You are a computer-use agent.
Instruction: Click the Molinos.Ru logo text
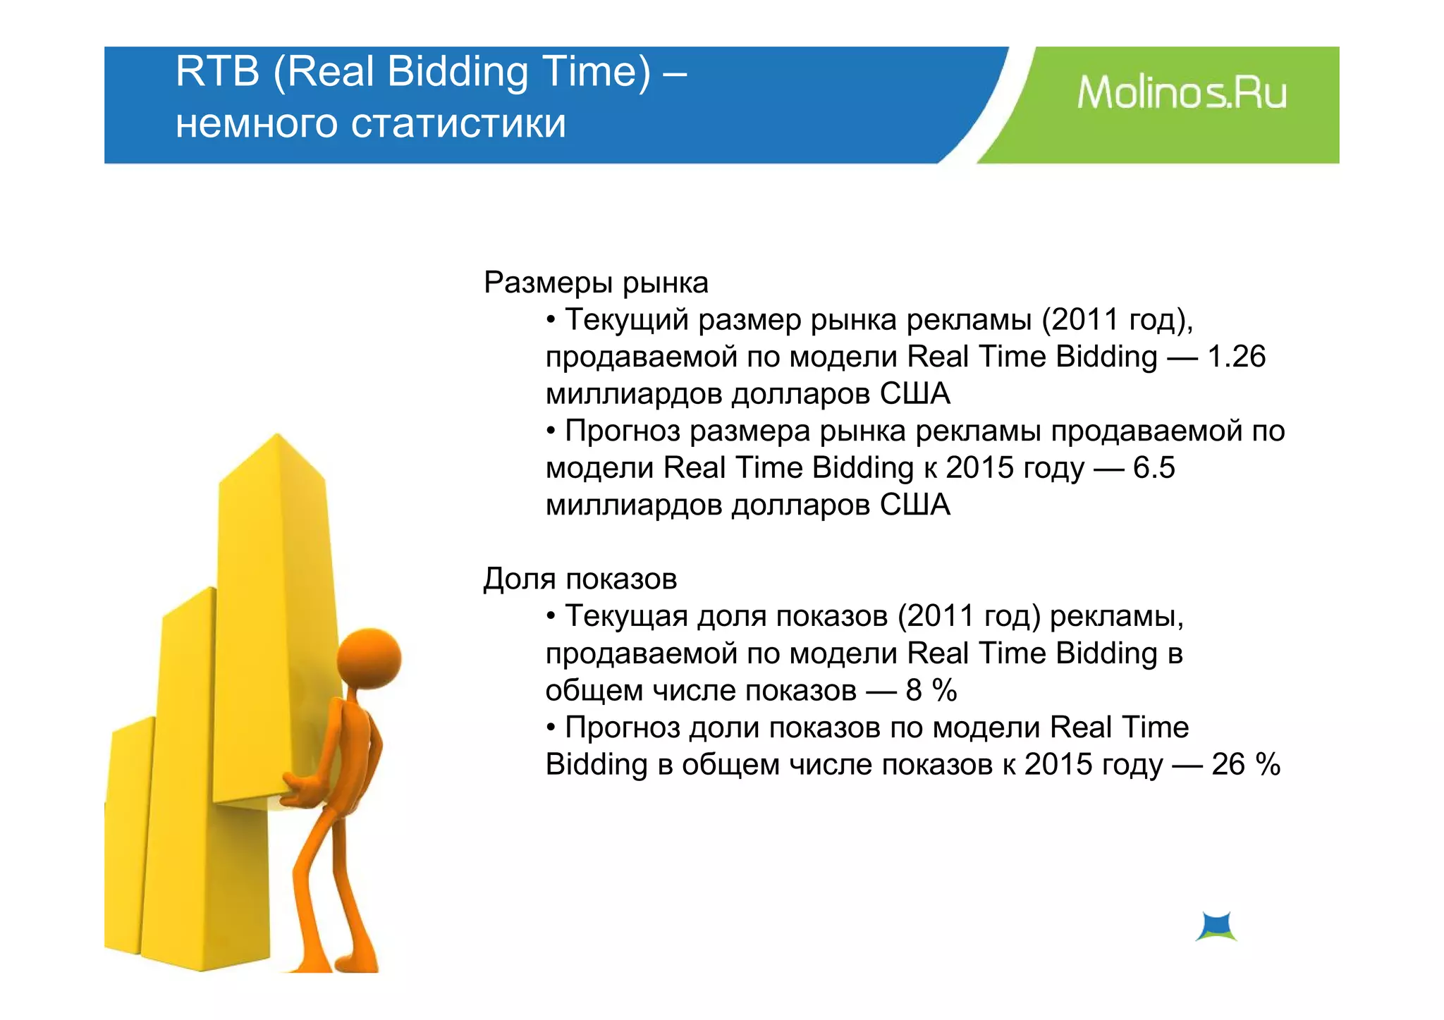pos(1182,94)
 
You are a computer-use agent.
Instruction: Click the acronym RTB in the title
pos(217,72)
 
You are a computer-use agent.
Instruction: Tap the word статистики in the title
pos(458,124)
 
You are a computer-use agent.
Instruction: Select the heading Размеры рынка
pos(596,283)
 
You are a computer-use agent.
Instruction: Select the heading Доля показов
pos(580,579)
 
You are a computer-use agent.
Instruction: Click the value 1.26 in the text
pos(1237,357)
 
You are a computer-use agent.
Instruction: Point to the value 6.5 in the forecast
pos(1154,468)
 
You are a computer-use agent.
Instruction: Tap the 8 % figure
pos(931,691)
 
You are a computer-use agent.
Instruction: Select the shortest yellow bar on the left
pos(128,832)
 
